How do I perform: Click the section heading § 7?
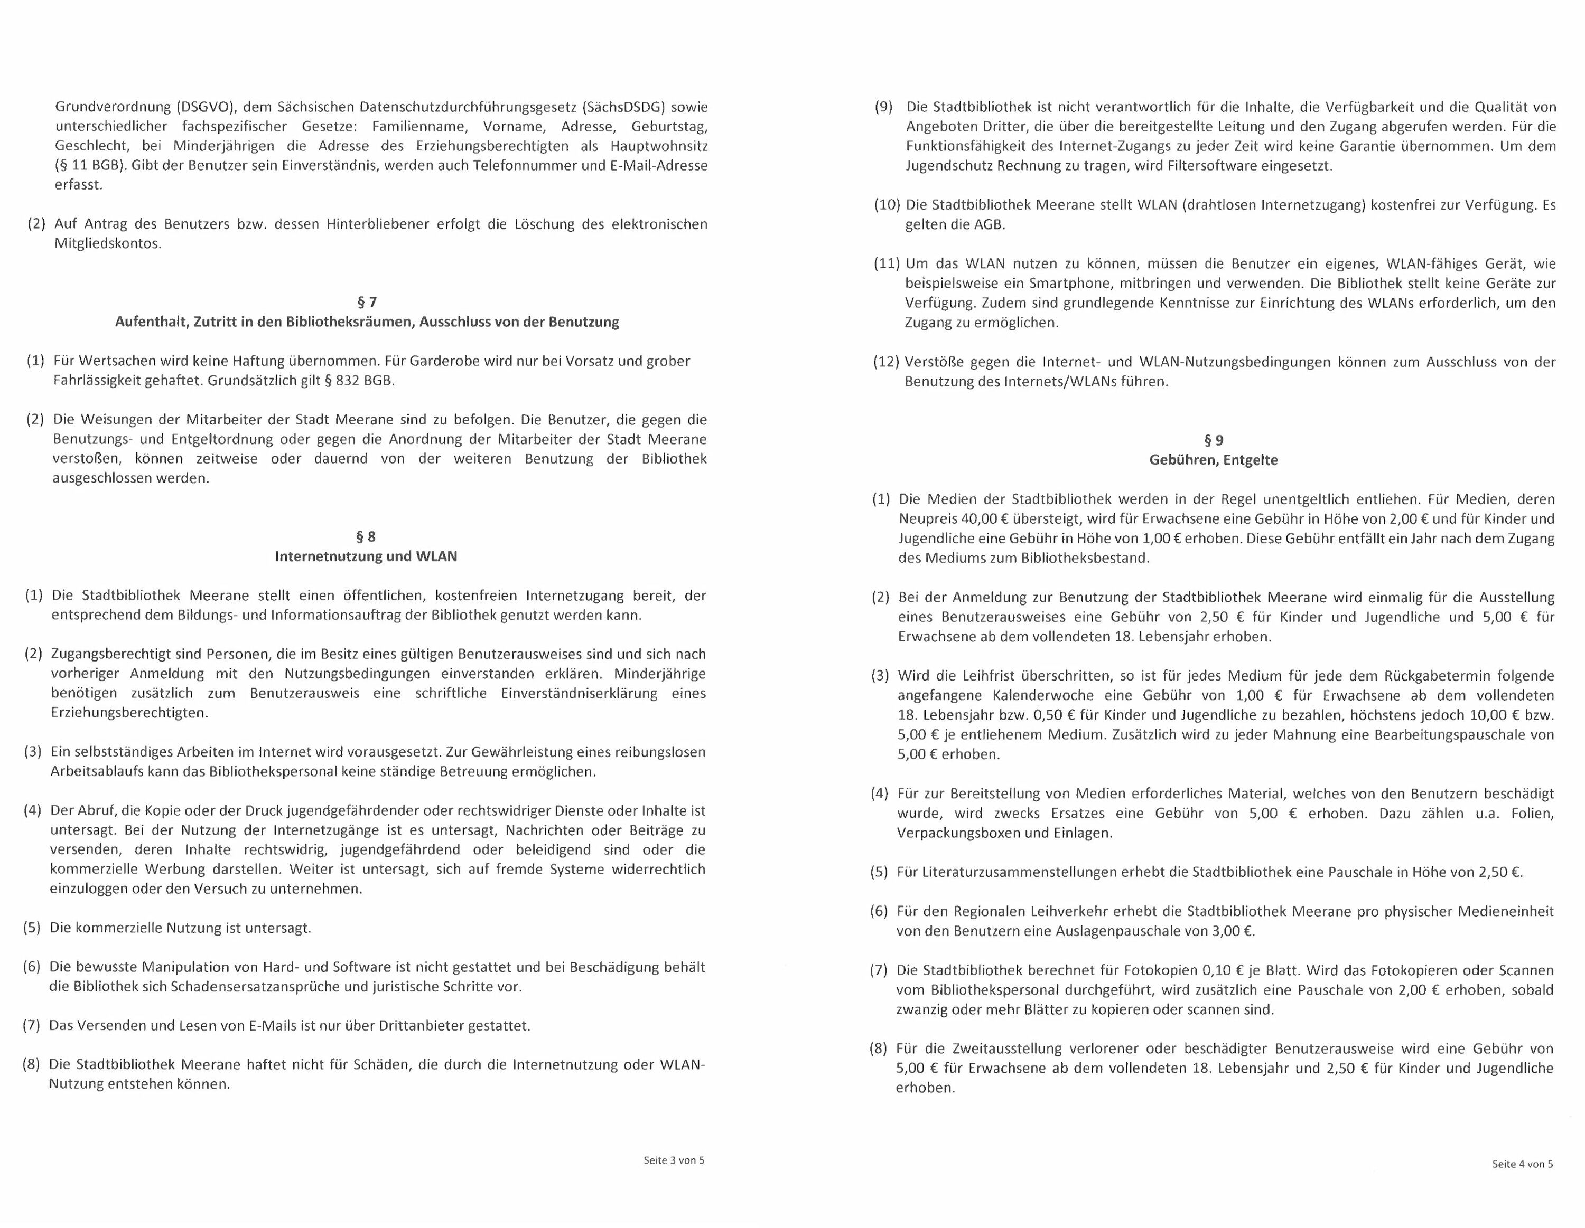tap(367, 302)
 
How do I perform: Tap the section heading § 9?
tap(1214, 440)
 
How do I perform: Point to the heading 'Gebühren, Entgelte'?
tap(1214, 460)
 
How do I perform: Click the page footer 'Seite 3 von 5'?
tap(674, 1160)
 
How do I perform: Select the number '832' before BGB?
tap(348, 380)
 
